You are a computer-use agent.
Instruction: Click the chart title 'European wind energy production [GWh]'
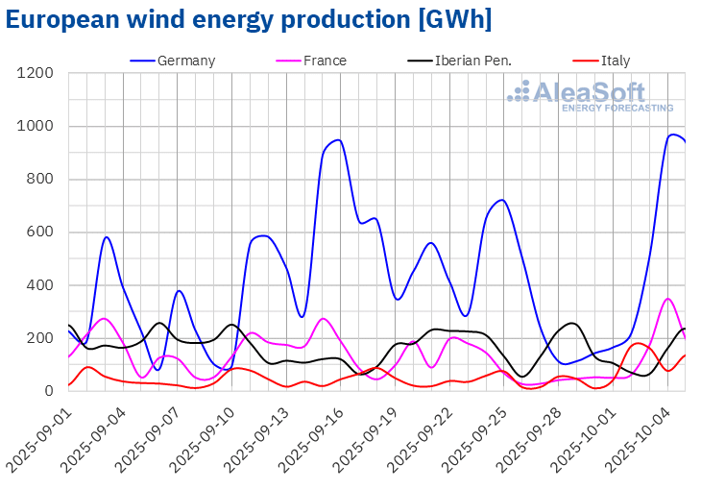coord(249,20)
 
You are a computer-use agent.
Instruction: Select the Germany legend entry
coord(185,61)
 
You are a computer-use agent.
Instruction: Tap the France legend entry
coord(325,61)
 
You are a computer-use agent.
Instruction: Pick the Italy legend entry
coord(615,61)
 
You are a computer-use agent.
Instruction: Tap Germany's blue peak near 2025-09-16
coord(338,140)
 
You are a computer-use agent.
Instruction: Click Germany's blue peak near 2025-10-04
coord(672,134)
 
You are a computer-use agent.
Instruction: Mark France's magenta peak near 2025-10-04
coord(668,299)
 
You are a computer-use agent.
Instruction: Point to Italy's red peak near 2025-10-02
coord(638,343)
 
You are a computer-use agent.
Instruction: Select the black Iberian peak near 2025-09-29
coord(571,323)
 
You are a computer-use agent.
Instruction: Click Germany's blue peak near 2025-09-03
coord(106,237)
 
